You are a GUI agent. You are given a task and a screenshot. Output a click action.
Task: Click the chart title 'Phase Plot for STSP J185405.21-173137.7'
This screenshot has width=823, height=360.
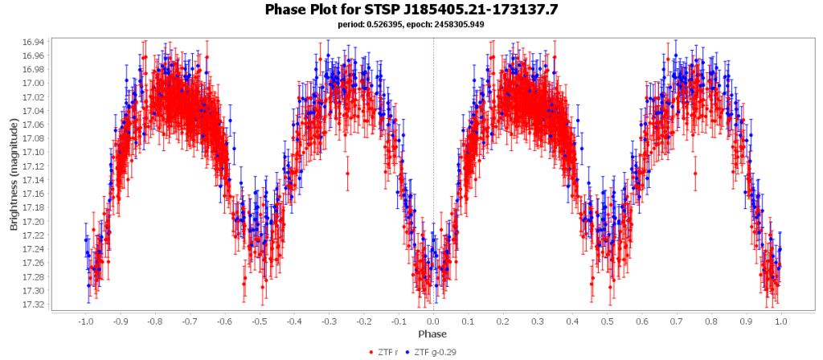pos(411,10)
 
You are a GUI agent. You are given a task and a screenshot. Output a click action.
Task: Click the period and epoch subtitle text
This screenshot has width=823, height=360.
pos(411,24)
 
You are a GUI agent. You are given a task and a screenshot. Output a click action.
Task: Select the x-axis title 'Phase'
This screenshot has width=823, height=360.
pos(432,333)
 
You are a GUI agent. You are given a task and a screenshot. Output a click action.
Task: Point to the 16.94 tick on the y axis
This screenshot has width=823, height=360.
pos(35,42)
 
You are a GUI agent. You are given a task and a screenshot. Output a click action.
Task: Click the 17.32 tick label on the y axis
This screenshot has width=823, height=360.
pos(35,305)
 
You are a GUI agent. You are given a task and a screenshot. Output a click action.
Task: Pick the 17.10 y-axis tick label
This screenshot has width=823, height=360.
pos(35,152)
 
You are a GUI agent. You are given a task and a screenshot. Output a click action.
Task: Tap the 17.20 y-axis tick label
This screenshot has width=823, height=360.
pos(35,221)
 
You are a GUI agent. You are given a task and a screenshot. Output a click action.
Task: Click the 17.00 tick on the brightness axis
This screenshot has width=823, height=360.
pos(35,83)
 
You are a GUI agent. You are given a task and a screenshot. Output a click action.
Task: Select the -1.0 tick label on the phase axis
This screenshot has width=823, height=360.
pos(84,321)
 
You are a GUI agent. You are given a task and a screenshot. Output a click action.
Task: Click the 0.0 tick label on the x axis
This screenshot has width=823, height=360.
pos(433,321)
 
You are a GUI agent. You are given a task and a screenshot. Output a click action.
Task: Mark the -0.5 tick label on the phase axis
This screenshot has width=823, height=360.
pos(259,321)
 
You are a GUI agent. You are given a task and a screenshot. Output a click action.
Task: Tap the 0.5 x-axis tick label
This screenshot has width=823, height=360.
pos(608,321)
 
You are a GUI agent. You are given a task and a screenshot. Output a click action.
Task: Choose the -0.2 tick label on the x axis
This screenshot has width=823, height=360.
pos(363,321)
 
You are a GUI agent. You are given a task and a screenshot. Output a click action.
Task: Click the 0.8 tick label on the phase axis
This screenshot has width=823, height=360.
pos(711,321)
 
